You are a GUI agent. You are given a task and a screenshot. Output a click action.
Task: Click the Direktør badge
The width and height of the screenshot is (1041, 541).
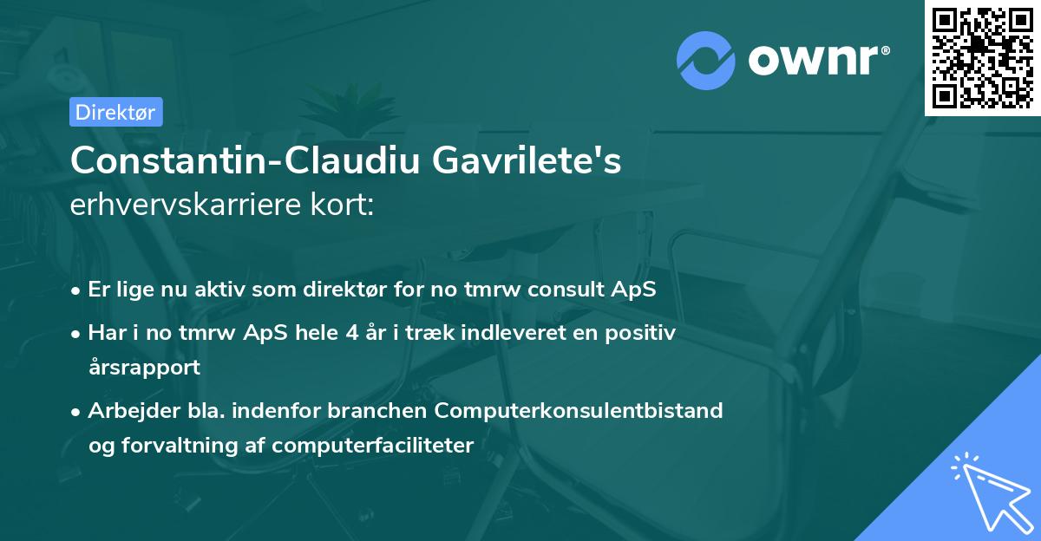click(x=115, y=112)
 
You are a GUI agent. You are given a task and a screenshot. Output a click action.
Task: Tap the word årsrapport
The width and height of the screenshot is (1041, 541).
click(x=144, y=367)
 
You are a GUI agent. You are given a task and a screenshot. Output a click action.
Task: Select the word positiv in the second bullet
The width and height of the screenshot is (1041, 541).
click(x=642, y=332)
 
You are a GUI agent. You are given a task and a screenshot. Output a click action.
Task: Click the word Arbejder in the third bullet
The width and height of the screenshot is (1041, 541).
click(x=127, y=410)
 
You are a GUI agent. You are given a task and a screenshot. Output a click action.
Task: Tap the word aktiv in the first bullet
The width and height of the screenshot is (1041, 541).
click(x=222, y=289)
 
